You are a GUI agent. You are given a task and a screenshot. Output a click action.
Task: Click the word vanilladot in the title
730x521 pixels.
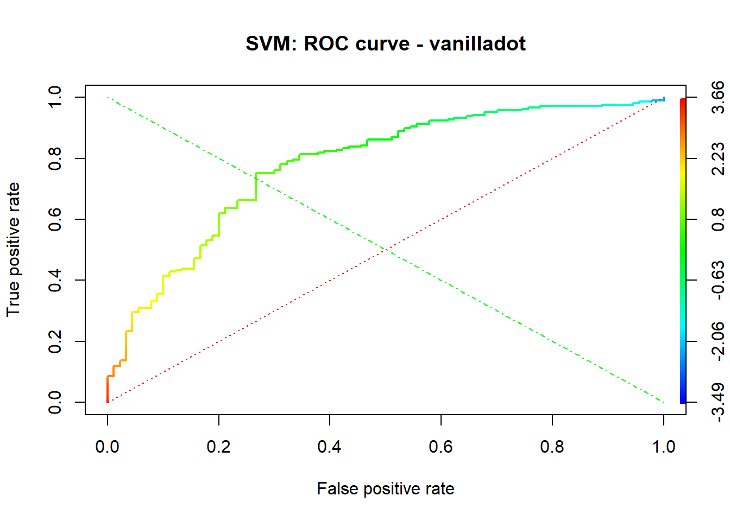click(477, 43)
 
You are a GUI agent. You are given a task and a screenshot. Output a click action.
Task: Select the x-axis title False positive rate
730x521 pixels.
click(386, 488)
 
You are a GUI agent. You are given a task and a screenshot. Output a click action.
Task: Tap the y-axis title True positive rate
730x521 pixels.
click(13, 250)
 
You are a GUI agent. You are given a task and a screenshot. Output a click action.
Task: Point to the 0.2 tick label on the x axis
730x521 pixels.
click(218, 447)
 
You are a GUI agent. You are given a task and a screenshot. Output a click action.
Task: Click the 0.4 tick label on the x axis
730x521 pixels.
click(330, 447)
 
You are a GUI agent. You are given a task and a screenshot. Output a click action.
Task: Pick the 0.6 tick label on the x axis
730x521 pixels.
click(441, 447)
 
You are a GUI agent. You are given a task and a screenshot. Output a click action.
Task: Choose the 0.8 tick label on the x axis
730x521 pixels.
click(552, 447)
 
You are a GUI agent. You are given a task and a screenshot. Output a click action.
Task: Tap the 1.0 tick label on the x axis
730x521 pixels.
click(663, 447)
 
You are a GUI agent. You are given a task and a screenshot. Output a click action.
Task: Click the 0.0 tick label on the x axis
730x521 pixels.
click(108, 447)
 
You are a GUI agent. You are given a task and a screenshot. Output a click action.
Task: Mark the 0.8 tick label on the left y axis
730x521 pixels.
click(55, 158)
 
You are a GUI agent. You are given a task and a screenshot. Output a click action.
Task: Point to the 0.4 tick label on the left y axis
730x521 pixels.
click(55, 280)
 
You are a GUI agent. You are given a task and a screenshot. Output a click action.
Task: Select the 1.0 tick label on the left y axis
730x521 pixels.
click(55, 97)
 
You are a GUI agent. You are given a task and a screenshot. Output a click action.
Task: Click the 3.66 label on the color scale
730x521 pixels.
click(718, 97)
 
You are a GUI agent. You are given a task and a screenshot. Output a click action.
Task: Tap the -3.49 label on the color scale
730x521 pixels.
click(718, 402)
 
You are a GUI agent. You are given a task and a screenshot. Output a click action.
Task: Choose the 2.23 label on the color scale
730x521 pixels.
click(718, 158)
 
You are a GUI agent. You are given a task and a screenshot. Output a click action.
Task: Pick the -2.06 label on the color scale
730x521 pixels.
click(718, 341)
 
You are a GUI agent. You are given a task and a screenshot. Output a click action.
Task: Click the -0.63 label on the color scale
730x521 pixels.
click(718, 280)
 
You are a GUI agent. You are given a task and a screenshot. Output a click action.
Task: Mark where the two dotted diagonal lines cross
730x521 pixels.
click(386, 250)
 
